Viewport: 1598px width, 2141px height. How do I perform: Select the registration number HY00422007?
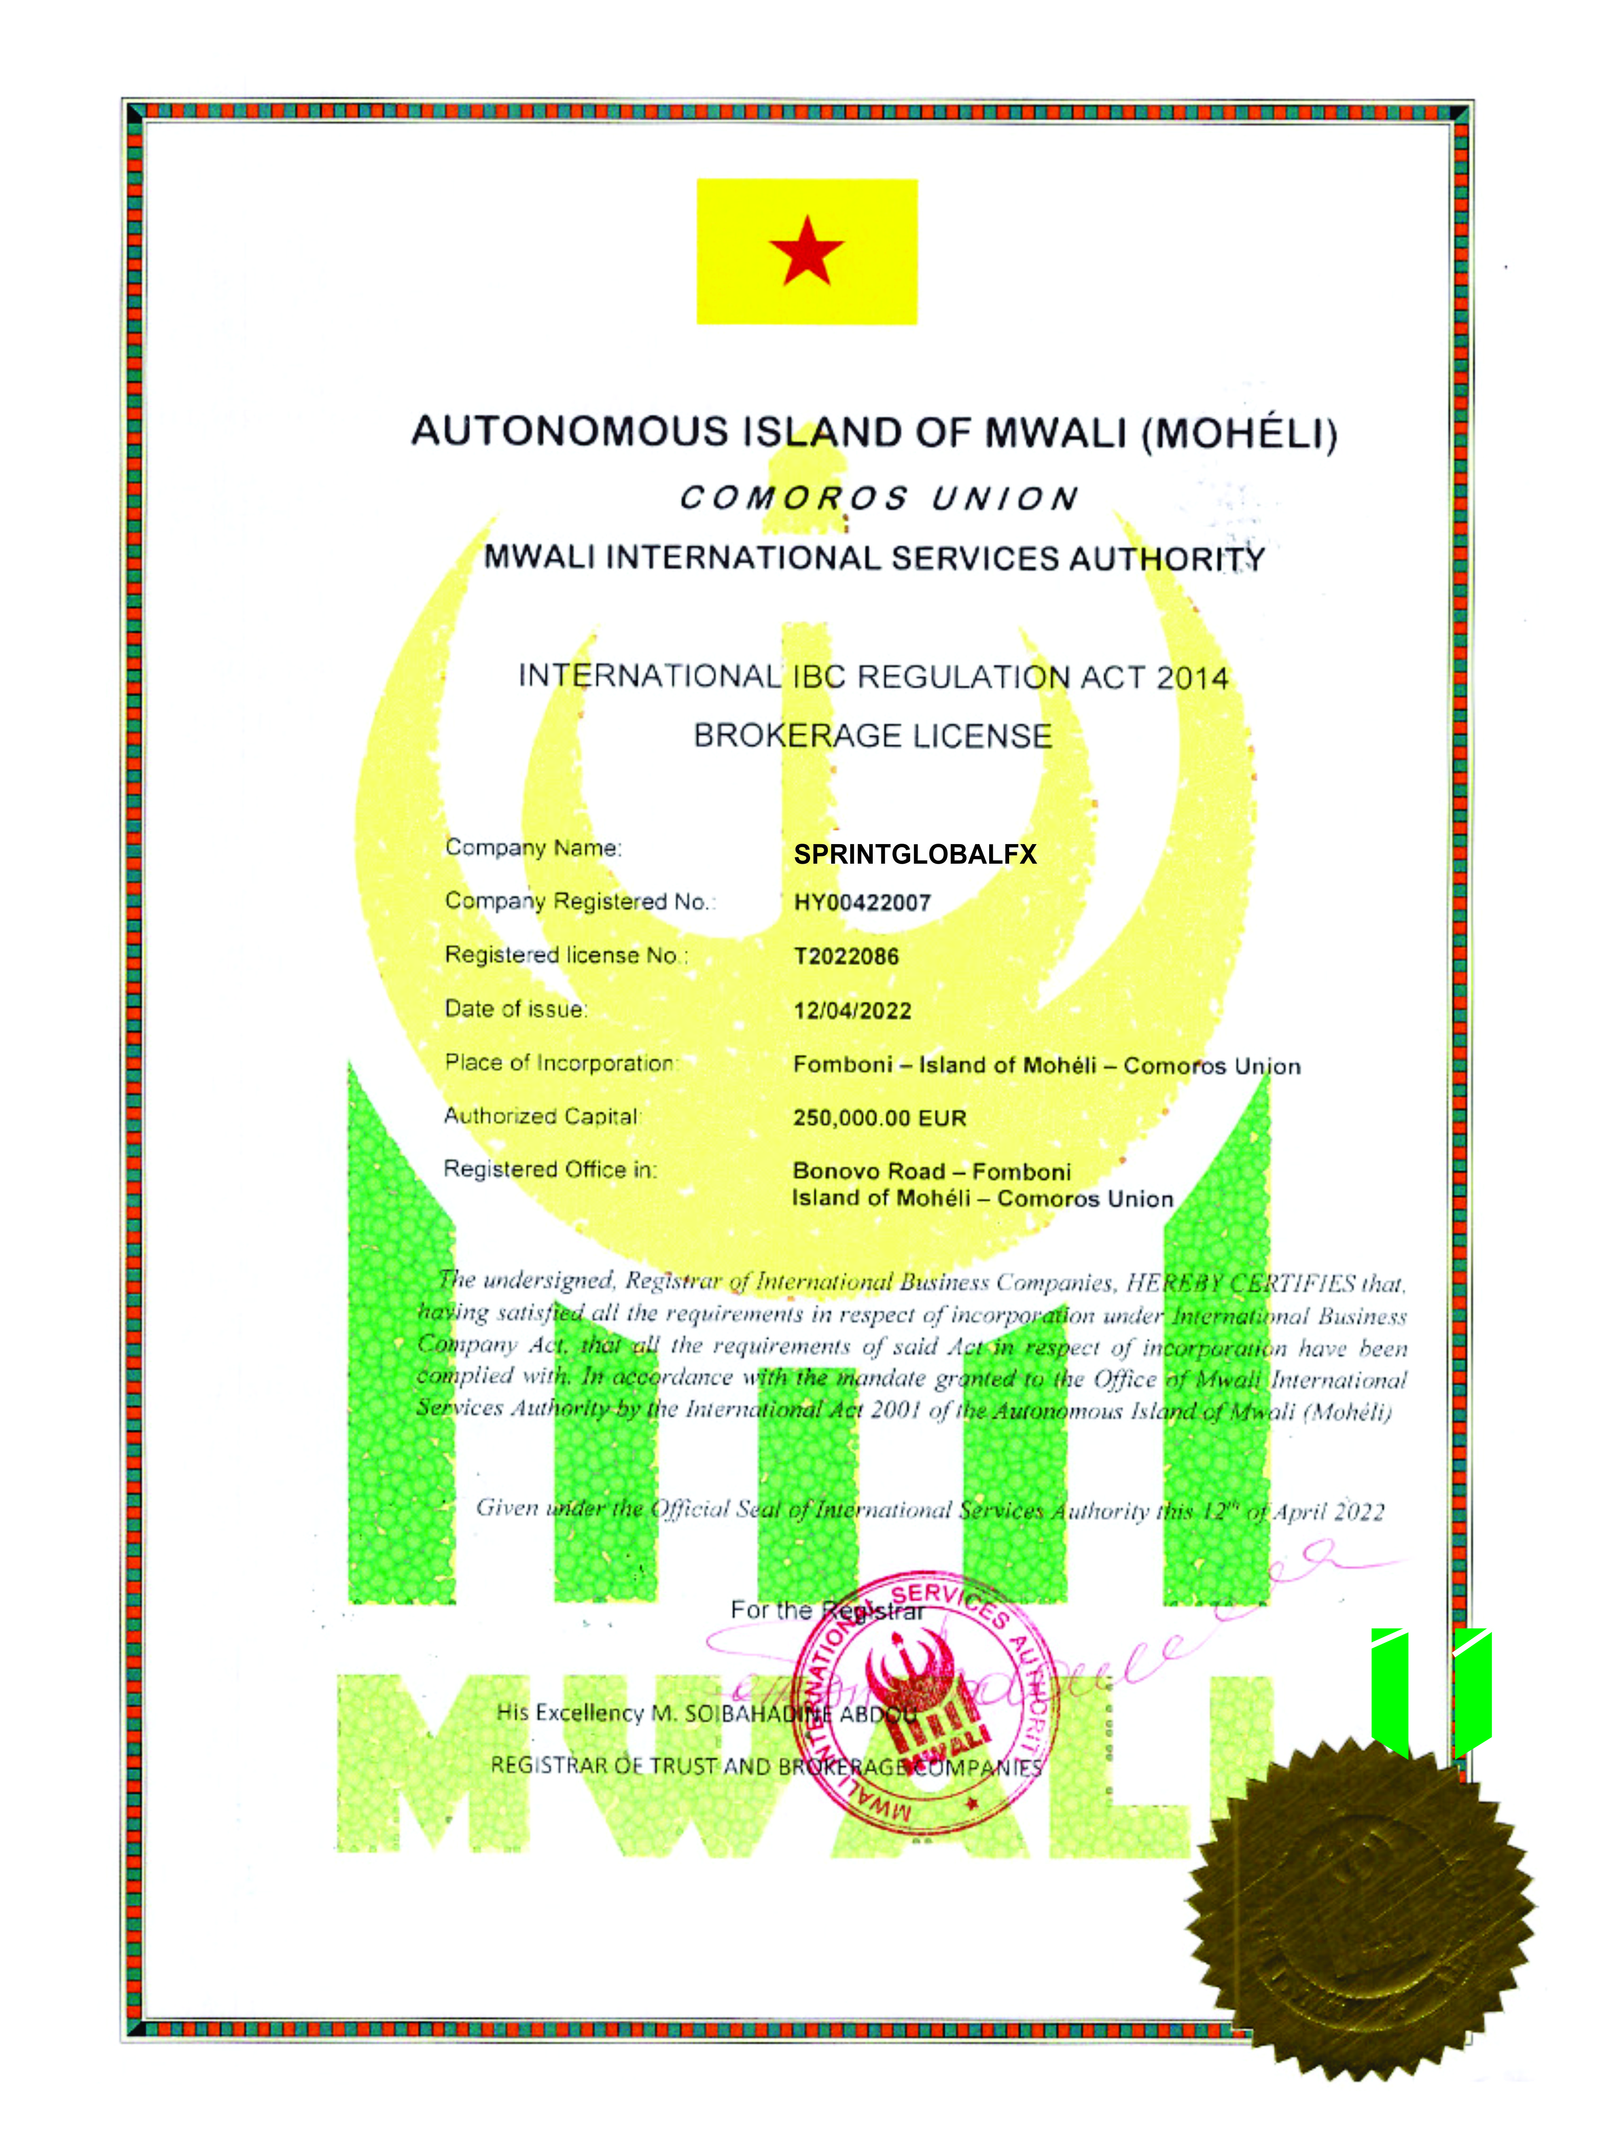coord(862,903)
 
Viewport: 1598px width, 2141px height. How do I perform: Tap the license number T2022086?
coord(846,957)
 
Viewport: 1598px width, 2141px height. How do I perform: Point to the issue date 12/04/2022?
coord(852,1011)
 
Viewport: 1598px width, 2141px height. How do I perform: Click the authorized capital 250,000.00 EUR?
coord(879,1118)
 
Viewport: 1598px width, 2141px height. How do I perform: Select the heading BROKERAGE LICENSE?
coord(872,736)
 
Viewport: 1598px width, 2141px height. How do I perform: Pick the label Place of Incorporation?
coord(561,1063)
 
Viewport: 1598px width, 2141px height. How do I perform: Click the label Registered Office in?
coord(550,1170)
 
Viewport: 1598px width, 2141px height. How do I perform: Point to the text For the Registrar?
coord(827,1610)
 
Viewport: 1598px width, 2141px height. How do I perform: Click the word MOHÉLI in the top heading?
coord(1240,432)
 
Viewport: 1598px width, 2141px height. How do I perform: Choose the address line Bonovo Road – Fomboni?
coord(931,1171)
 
